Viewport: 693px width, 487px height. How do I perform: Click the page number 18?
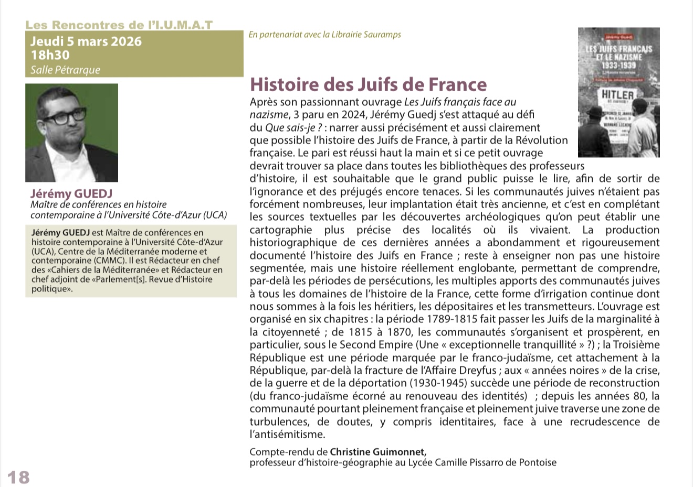click(18, 477)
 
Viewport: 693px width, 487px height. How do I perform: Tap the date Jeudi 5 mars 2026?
click(86, 41)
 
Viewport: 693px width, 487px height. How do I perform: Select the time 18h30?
click(50, 55)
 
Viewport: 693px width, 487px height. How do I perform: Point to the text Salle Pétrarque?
click(65, 70)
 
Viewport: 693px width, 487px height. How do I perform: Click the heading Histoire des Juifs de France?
click(368, 84)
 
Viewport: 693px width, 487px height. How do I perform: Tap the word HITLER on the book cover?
click(617, 95)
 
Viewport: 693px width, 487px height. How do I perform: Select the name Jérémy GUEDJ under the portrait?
click(71, 193)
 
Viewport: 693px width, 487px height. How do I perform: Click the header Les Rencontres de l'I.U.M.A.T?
click(119, 25)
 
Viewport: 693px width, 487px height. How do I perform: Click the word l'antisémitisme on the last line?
click(287, 434)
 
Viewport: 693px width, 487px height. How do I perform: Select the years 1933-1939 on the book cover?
click(618, 65)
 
